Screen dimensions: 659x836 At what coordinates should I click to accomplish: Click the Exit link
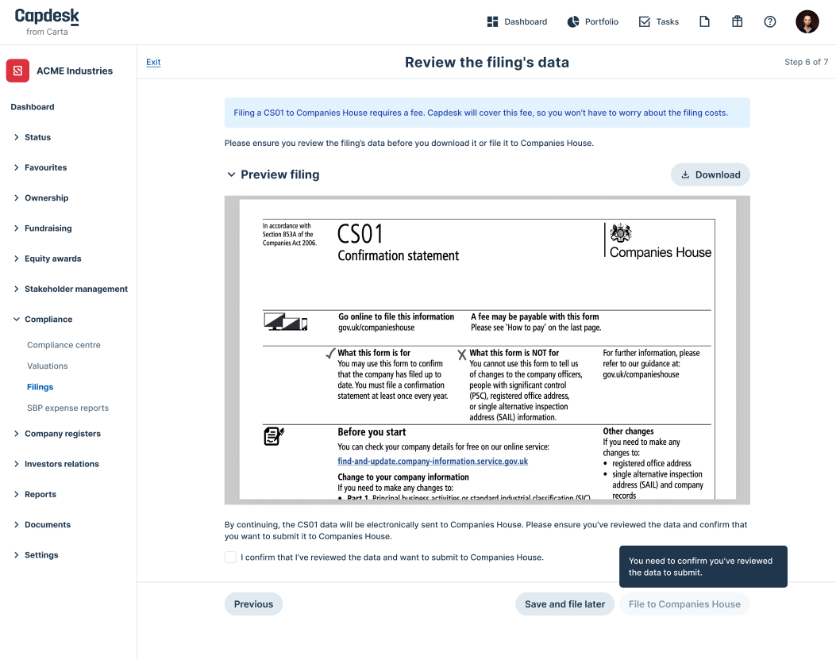pos(153,63)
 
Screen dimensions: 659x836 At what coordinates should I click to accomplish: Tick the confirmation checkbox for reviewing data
pos(230,557)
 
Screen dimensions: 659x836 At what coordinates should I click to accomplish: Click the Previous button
pos(253,604)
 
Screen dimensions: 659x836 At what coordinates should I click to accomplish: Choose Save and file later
pos(564,604)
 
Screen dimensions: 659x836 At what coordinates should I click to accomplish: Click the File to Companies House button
pos(684,604)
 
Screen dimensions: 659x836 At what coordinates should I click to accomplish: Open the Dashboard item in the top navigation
pos(517,22)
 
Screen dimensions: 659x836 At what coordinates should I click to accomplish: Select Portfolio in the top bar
pos(592,22)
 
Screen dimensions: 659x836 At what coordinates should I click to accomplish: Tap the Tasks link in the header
pos(658,22)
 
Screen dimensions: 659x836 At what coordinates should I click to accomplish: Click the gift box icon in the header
pos(737,22)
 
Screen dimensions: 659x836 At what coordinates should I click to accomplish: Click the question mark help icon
pos(769,22)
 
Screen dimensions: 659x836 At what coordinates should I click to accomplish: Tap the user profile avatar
pos(807,22)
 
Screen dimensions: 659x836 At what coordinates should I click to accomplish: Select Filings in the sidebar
pos(40,387)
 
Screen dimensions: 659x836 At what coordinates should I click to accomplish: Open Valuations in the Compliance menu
pos(48,366)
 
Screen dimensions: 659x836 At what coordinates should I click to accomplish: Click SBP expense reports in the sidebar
pos(67,408)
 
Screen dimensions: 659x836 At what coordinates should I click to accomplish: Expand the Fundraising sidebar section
pos(48,228)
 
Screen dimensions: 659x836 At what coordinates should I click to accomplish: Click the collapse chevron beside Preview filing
pos(231,174)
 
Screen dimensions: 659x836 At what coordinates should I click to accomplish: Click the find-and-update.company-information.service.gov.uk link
pos(433,462)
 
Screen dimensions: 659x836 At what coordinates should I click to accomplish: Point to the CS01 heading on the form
pos(360,234)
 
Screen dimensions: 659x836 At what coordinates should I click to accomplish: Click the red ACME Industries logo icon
pos(18,71)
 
